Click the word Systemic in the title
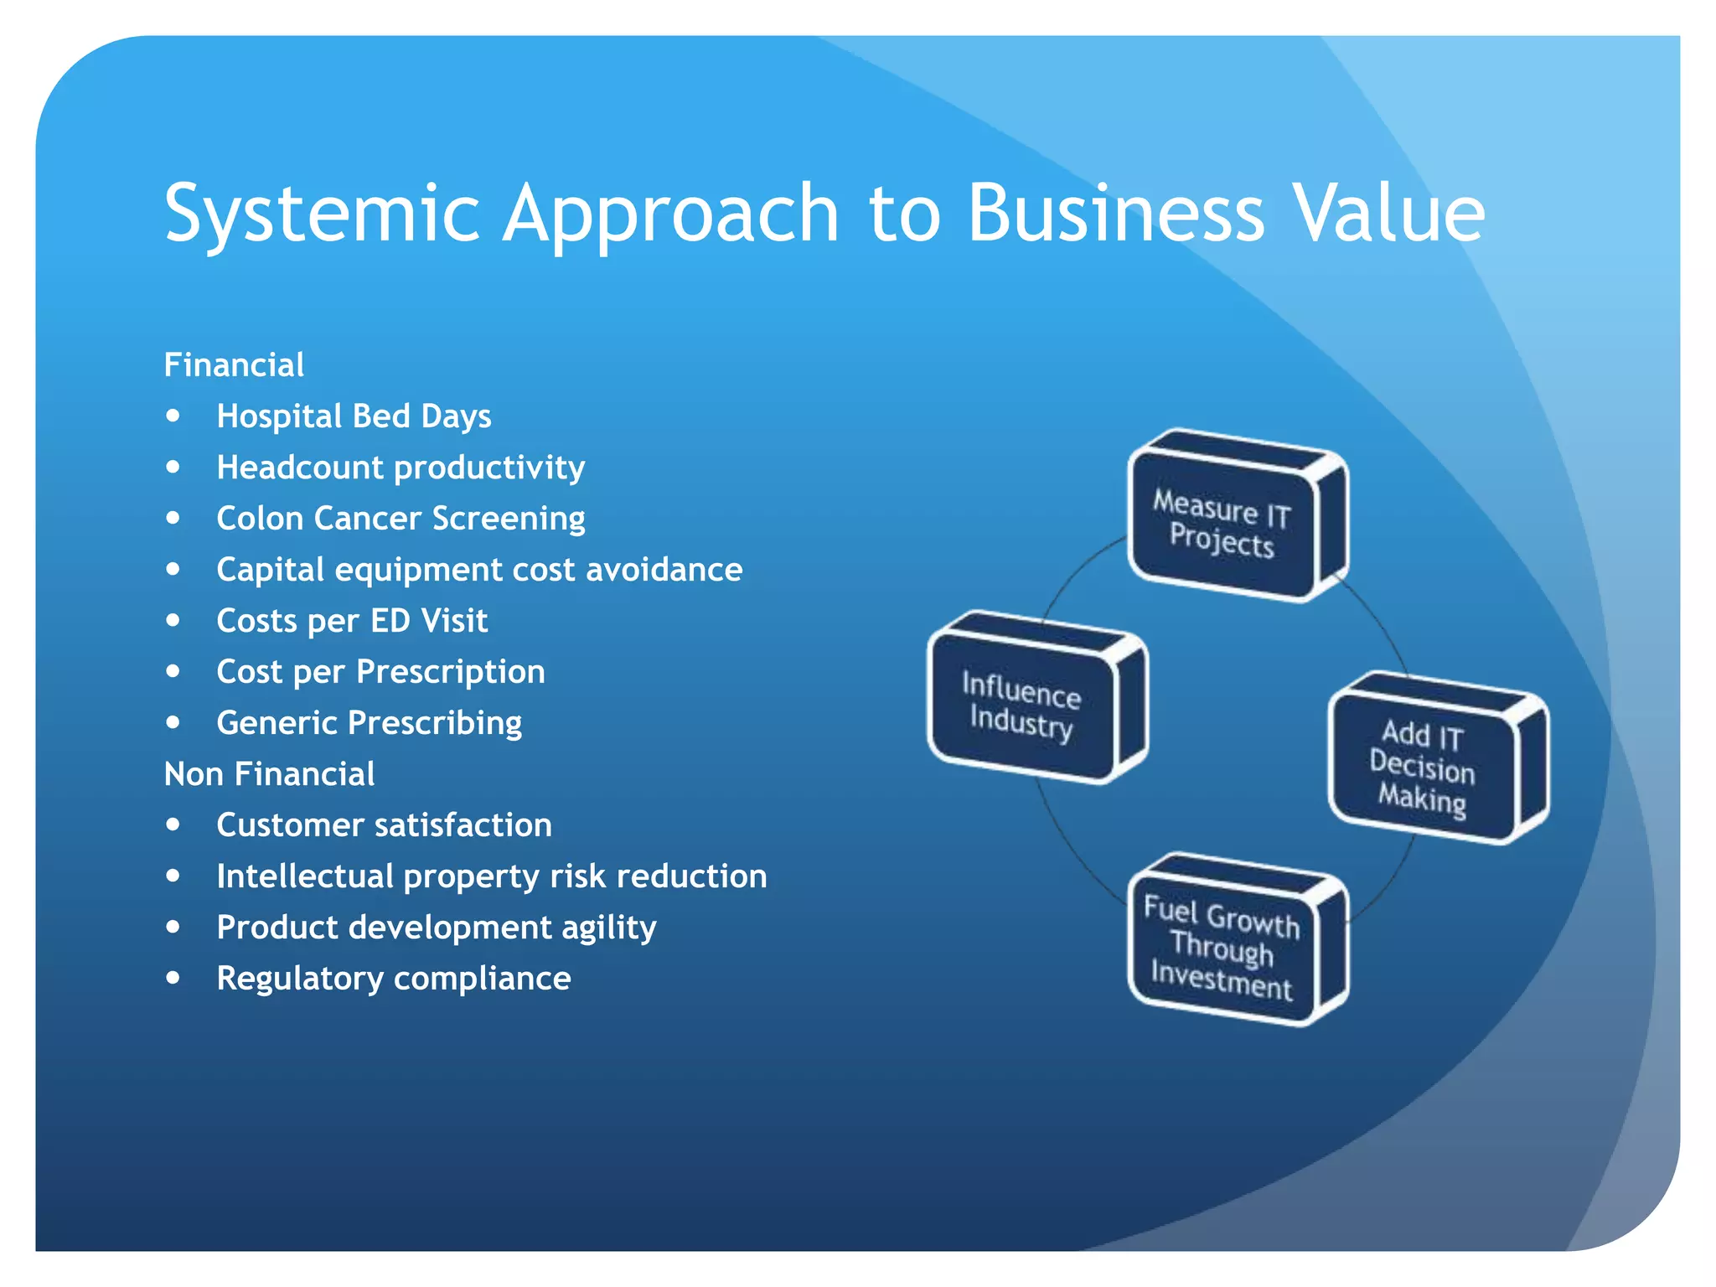[322, 214]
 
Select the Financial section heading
[234, 365]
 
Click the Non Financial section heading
[269, 774]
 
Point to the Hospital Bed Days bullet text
[354, 416]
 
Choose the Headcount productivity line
[401, 468]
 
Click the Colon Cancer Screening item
[401, 519]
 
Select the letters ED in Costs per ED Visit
[390, 621]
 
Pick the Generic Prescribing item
[369, 723]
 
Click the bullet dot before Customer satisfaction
[173, 824]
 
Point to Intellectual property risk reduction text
[491, 876]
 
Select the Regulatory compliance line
[394, 979]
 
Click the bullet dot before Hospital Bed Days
[173, 416]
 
